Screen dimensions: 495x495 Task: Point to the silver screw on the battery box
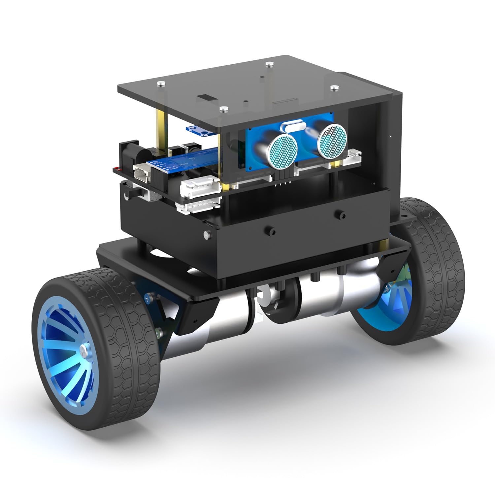[x=207, y=235]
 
